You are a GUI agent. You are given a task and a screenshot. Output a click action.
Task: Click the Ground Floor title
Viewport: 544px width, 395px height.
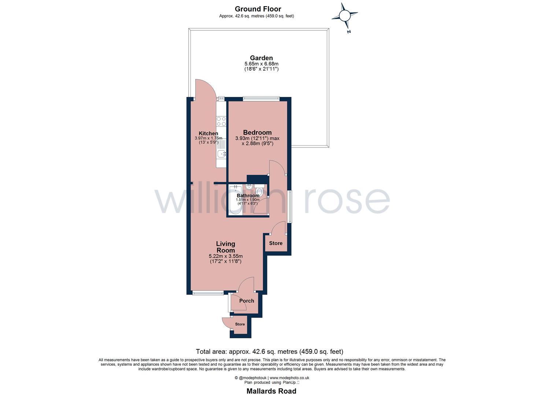click(258, 9)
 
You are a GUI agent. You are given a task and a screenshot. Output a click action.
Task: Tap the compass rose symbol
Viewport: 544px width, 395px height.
click(344, 16)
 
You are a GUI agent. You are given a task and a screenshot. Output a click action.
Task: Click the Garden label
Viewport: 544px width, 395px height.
click(261, 58)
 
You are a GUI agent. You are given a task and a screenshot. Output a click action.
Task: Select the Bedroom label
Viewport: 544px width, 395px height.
click(258, 132)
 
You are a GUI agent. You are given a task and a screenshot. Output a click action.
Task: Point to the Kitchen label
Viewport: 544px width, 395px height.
click(208, 133)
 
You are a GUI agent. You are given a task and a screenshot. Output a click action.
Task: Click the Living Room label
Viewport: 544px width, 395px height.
click(225, 247)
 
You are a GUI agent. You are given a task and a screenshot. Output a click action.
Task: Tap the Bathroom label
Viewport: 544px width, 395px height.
click(248, 196)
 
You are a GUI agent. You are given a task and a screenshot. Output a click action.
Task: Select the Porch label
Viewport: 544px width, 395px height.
click(247, 301)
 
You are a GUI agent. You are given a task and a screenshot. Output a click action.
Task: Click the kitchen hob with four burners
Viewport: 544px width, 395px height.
click(221, 121)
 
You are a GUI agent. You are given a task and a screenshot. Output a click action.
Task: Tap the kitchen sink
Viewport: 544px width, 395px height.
click(221, 154)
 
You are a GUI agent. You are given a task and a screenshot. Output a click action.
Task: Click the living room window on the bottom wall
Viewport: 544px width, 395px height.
click(208, 293)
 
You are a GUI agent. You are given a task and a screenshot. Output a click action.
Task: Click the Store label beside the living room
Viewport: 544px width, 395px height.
click(276, 243)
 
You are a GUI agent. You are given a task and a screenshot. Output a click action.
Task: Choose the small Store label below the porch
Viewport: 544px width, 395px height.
click(240, 324)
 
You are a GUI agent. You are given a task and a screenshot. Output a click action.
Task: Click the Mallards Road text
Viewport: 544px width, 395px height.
click(271, 391)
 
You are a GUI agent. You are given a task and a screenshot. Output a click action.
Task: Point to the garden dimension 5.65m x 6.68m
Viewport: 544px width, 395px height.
click(261, 64)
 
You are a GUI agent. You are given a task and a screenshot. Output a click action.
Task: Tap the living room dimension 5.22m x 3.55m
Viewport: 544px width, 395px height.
click(225, 256)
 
